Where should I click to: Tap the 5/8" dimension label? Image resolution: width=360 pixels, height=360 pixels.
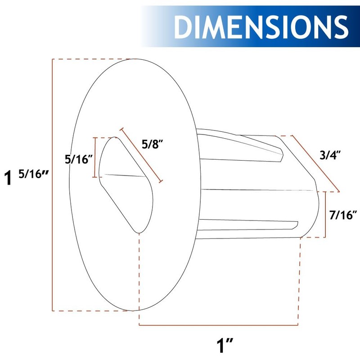[152, 144]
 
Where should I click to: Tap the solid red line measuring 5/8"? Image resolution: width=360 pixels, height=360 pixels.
[141, 155]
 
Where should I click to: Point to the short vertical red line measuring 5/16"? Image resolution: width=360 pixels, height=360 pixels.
[95, 157]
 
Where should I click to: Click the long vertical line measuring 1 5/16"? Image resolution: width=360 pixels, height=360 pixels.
[53, 184]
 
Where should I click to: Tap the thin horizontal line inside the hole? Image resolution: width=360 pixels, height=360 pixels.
[124, 175]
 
